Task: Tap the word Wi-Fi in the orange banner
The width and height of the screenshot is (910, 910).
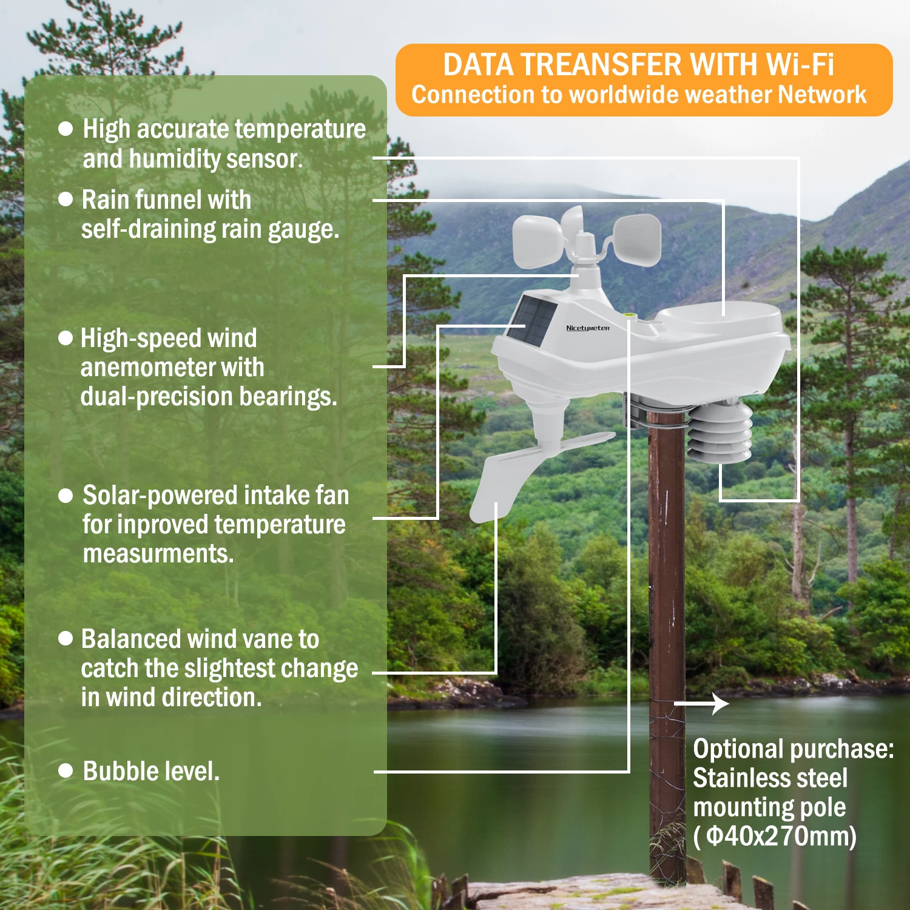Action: point(800,65)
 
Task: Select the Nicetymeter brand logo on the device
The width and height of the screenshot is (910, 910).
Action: point(587,328)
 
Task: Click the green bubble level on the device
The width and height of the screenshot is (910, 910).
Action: point(628,315)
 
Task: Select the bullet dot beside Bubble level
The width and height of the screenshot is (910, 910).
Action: point(66,771)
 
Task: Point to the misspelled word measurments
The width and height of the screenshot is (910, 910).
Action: point(158,554)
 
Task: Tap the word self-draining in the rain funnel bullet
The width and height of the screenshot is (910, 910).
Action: point(147,230)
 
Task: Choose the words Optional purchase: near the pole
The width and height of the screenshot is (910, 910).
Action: point(793,749)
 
